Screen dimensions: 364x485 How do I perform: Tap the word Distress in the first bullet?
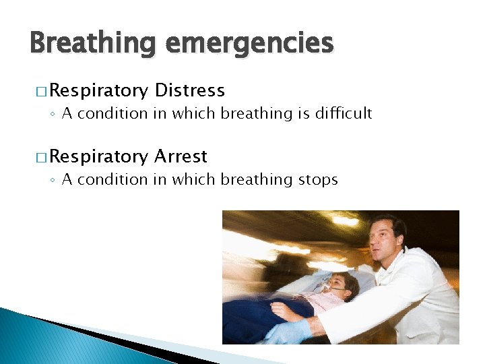pos(189,90)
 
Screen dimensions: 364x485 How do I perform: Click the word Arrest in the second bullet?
pos(181,156)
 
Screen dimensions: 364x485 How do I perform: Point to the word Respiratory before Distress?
pos(98,90)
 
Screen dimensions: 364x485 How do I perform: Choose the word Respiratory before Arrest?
pos(98,156)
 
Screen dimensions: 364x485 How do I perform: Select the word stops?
pos(316,179)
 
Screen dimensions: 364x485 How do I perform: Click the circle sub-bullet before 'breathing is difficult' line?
pos(53,114)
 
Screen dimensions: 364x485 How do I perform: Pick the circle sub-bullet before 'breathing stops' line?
pos(53,180)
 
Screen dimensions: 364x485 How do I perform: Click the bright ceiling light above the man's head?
pos(345,221)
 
